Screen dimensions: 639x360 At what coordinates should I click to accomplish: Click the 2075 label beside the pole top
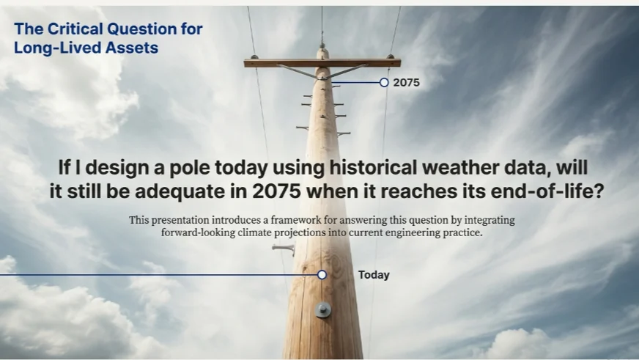[x=406, y=83]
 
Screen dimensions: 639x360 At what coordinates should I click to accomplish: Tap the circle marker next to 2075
[x=384, y=83]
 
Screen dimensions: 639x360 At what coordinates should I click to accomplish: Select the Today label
[x=374, y=275]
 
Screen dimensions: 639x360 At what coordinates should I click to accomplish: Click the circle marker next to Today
[x=322, y=275]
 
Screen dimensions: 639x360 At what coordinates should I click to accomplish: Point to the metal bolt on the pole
[x=323, y=310]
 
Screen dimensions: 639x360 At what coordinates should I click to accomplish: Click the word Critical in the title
[x=75, y=29]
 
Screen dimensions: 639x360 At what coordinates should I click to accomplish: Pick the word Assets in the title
[x=132, y=48]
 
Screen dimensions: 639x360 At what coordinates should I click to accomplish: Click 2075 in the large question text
[x=276, y=191]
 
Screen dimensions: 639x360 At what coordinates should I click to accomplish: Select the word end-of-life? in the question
[x=547, y=191]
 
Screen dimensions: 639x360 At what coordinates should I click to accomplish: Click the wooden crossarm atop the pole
[x=322, y=63]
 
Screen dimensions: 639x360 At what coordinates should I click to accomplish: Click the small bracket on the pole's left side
[x=284, y=249]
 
